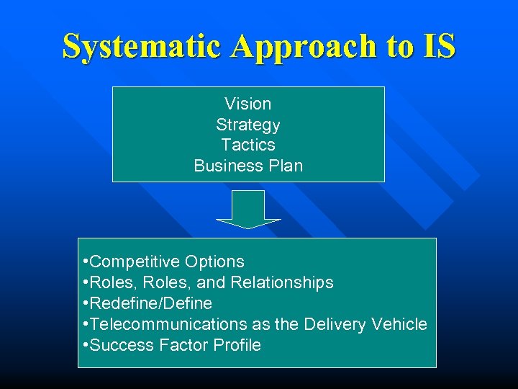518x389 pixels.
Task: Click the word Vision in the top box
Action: click(x=247, y=104)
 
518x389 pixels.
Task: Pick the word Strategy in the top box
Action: click(x=247, y=125)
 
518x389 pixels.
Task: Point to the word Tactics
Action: click(x=247, y=145)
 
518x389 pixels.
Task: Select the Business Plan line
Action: click(x=247, y=166)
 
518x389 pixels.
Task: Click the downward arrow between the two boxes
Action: click(x=248, y=209)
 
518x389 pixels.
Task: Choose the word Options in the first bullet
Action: click(x=214, y=262)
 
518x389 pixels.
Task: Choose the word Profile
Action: click(x=237, y=345)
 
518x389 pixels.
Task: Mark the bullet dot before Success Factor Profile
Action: click(x=86, y=345)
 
